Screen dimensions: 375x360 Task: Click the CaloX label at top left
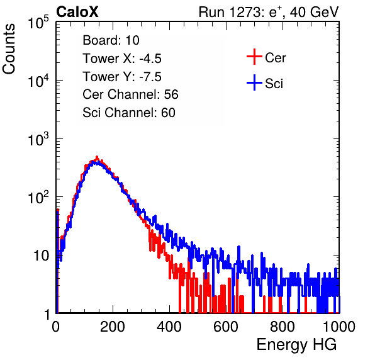pyautogui.click(x=77, y=12)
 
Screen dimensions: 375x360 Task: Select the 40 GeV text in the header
pyautogui.click(x=314, y=12)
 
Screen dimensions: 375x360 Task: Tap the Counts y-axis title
pyautogui.click(x=9, y=49)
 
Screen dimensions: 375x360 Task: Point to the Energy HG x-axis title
pyautogui.click(x=296, y=344)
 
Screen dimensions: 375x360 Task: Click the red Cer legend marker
pyautogui.click(x=254, y=57)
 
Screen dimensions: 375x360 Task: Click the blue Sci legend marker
pyautogui.click(x=254, y=83)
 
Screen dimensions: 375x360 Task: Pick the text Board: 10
pyautogui.click(x=111, y=40)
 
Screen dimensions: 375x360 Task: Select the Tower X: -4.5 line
pyautogui.click(x=122, y=59)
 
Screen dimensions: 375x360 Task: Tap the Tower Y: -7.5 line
pyautogui.click(x=122, y=77)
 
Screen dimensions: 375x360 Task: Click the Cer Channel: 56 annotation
pyautogui.click(x=130, y=94)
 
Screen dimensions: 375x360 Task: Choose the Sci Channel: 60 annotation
pyautogui.click(x=129, y=113)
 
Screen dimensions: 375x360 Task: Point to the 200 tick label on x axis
pyautogui.click(x=113, y=327)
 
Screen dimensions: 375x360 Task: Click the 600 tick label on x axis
pyautogui.click(x=226, y=327)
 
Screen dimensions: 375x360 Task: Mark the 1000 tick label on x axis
pyautogui.click(x=339, y=327)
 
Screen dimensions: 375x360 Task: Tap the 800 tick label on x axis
pyautogui.click(x=283, y=327)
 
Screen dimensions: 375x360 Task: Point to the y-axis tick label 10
pyautogui.click(x=41, y=256)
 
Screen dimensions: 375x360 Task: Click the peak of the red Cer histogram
pyautogui.click(x=97, y=157)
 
